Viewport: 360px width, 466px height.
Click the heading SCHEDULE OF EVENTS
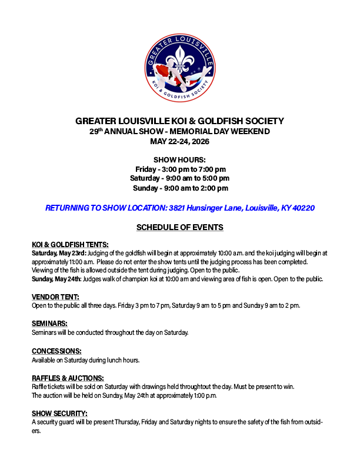tap(179, 227)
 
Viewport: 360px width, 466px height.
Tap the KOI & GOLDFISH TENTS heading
tap(70, 244)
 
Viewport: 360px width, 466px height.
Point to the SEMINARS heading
tap(49, 324)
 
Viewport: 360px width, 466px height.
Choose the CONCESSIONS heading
tap(56, 351)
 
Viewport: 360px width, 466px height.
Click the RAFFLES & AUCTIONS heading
tap(68, 378)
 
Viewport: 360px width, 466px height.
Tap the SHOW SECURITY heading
tap(60, 414)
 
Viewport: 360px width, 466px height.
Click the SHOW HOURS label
tap(179, 160)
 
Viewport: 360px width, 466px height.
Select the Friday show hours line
tap(179, 169)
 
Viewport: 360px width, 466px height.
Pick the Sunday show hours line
tap(179, 188)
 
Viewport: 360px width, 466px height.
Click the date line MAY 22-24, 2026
tap(179, 142)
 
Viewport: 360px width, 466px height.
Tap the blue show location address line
tap(179, 208)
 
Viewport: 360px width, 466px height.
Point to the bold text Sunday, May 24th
tap(56, 279)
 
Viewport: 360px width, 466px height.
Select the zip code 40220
tap(304, 208)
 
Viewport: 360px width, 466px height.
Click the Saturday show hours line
tap(179, 178)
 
